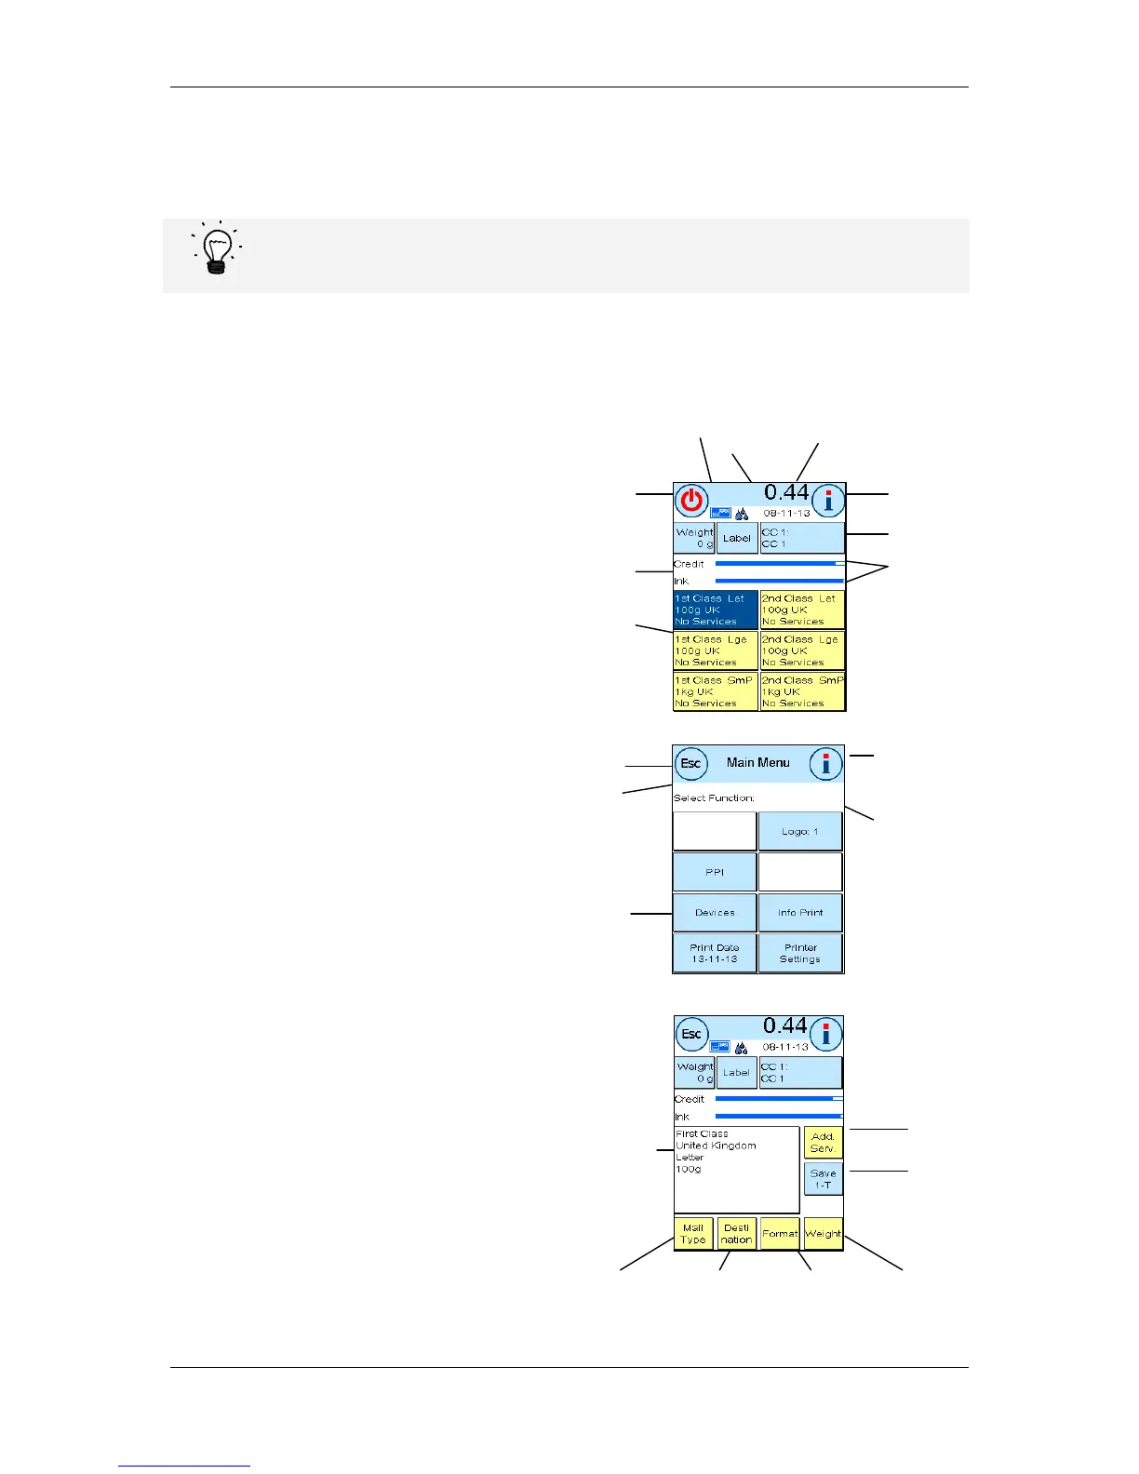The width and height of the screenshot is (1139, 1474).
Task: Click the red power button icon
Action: click(691, 502)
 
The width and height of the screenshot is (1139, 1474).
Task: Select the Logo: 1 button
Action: click(800, 831)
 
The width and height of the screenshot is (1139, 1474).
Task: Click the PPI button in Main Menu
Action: click(715, 872)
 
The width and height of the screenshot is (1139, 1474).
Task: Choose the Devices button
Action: click(715, 913)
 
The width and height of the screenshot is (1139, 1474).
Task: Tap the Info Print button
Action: click(800, 913)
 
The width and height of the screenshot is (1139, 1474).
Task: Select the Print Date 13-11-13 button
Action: click(715, 953)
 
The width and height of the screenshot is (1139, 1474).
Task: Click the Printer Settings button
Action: click(800, 953)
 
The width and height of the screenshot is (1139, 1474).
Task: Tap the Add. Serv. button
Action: click(823, 1143)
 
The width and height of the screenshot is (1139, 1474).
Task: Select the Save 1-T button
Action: click(823, 1179)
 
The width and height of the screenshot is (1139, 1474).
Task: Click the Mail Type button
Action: click(693, 1234)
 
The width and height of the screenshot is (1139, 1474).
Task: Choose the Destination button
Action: click(736, 1234)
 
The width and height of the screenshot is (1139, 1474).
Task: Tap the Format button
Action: click(780, 1234)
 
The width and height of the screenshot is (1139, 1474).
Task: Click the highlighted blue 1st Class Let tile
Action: click(715, 610)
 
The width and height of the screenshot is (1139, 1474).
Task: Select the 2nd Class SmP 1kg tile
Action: click(802, 691)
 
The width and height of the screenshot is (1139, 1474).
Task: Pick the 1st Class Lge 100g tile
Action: click(715, 650)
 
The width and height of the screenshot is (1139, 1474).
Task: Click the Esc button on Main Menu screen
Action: click(690, 764)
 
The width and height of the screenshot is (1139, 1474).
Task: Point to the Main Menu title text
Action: click(757, 763)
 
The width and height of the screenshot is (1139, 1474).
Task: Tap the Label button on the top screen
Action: click(737, 538)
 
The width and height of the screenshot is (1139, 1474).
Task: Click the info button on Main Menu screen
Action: click(825, 765)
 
